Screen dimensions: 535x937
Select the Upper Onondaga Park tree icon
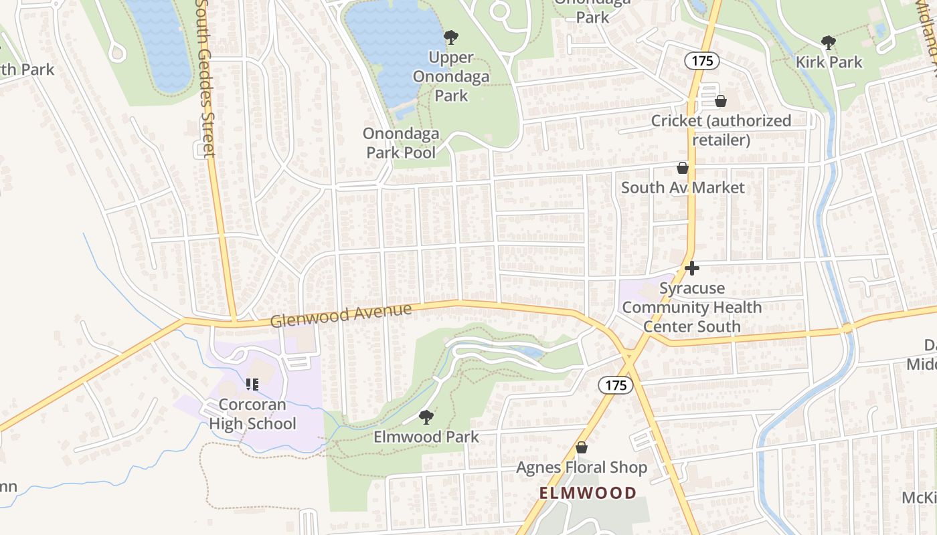451,37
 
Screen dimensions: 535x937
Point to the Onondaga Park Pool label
400,143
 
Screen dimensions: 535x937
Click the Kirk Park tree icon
829,43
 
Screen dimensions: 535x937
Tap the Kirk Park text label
829,62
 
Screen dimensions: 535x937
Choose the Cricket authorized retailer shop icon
721,102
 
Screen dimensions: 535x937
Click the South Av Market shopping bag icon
683,168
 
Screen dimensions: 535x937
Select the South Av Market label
683,187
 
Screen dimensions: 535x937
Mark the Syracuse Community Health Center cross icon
692,269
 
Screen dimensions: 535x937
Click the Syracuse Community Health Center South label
692,308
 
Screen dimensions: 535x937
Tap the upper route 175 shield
701,61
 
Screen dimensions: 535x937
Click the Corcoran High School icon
252,385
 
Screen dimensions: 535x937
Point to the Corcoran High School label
252,414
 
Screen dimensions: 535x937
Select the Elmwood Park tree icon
426,418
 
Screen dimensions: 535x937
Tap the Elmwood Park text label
426,437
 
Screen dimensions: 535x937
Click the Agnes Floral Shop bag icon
582,447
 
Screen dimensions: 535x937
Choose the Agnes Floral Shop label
582,467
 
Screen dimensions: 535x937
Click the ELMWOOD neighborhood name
588,494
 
